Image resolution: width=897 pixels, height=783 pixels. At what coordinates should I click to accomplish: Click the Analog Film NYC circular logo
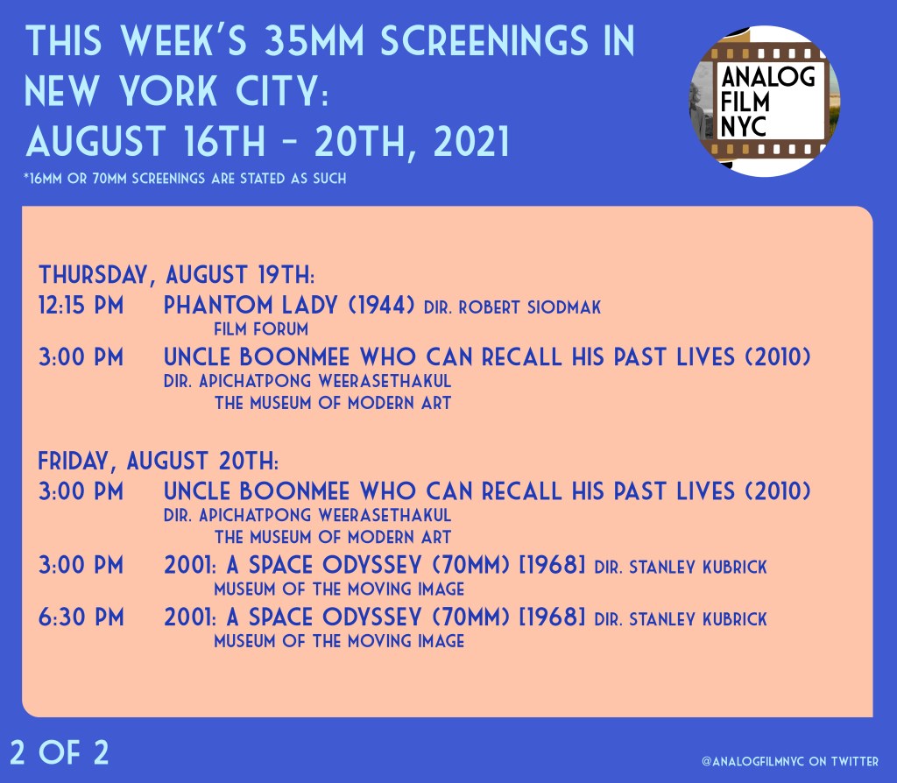coord(765,102)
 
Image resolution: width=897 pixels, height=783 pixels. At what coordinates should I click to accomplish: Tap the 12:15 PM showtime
coord(81,306)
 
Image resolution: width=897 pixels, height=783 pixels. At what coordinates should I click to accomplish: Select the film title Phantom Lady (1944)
coord(289,305)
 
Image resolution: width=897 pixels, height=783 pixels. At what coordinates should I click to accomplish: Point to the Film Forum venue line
coord(261,329)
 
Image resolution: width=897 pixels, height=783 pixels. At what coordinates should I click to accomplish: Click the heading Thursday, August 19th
coord(176,275)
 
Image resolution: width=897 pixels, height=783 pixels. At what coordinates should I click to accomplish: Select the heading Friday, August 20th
coord(158,461)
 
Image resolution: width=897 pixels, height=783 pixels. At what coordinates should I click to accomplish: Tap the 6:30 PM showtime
coord(81,617)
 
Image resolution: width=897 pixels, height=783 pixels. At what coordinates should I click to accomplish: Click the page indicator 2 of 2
coord(60,752)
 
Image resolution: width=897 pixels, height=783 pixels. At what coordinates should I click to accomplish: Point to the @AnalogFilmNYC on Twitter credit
coord(790,761)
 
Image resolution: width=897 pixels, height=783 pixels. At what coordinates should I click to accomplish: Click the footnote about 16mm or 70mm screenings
coord(185,179)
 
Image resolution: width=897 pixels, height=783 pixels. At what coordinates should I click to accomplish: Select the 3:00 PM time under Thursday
coord(81,357)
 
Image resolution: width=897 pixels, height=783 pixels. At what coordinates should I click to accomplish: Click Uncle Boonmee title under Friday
coord(487,491)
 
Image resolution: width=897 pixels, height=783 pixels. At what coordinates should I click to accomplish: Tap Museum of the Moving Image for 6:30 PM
coord(339,641)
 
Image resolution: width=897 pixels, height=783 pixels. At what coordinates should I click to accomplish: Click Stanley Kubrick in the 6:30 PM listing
coord(698,619)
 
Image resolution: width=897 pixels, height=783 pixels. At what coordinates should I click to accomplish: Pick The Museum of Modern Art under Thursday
coord(333,403)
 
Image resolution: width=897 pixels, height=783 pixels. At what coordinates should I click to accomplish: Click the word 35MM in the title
coord(314,40)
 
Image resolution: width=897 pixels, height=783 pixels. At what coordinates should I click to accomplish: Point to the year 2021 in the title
coord(471,142)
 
